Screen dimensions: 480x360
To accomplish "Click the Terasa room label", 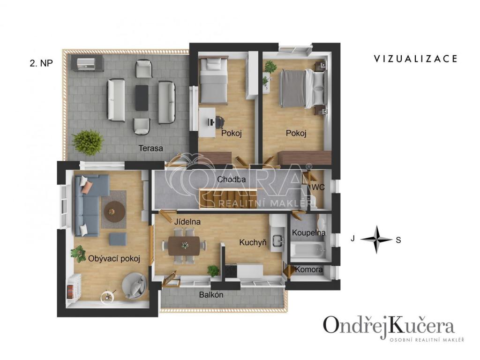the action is coord(150,149).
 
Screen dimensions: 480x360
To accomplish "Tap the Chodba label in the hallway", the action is coord(232,180).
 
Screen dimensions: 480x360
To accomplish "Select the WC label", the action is coord(318,187).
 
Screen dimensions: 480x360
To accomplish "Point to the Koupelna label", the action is coord(308,232).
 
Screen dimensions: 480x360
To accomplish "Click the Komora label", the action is coord(309,270).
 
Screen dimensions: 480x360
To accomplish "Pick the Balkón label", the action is coord(211,295).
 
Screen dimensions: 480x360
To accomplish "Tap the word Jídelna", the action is coord(187,222).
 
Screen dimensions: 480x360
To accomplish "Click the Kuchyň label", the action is coord(253,243).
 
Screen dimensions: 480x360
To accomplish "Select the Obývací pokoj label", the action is coord(114,259).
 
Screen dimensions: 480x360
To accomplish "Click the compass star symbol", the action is coord(376,240).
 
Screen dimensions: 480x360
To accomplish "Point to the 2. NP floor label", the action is coord(41,63).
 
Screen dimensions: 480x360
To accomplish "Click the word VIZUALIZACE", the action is coord(416,59).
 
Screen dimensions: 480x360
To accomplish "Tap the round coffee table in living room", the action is coord(114,211).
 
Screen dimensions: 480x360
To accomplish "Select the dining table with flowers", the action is coord(184,246).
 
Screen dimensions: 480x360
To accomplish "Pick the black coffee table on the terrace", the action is coord(142,97).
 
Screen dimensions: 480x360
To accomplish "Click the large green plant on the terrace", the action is coord(88,142).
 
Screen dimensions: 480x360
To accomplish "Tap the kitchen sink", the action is coord(277,240).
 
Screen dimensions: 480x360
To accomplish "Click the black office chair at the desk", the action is coord(219,122).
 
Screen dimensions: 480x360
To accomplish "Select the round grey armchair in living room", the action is coord(134,285).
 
